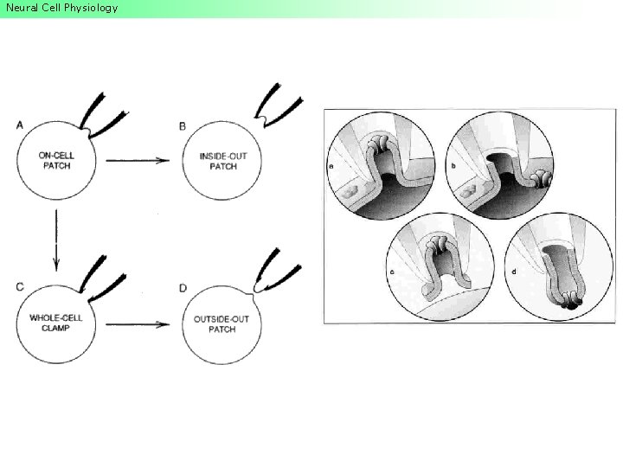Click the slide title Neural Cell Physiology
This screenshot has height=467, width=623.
pyautogui.click(x=60, y=9)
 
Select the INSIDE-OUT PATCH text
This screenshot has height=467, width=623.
pyautogui.click(x=223, y=161)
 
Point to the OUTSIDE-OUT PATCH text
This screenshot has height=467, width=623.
pyautogui.click(x=223, y=324)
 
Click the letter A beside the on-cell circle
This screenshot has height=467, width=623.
pyautogui.click(x=20, y=126)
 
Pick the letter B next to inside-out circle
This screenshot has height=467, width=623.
pyautogui.click(x=183, y=126)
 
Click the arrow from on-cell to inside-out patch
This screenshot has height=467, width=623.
pyautogui.click(x=137, y=160)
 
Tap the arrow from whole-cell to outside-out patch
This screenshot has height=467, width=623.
pyautogui.click(x=137, y=324)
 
